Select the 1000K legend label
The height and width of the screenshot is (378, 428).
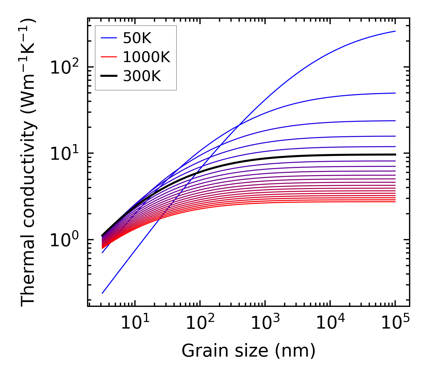(x=146, y=57)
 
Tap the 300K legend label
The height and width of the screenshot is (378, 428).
(x=142, y=76)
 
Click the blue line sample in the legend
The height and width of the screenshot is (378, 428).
(x=108, y=38)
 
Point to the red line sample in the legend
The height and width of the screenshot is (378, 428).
(x=108, y=57)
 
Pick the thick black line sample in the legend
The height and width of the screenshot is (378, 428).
(x=108, y=76)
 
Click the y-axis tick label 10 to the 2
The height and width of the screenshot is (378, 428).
(x=64, y=68)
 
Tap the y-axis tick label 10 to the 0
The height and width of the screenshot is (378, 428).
(x=64, y=240)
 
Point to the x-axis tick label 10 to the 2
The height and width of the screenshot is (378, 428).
(x=200, y=323)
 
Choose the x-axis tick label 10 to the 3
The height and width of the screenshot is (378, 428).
(x=265, y=323)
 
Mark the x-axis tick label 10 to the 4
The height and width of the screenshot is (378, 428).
(x=330, y=323)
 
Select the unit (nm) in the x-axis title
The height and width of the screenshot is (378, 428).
(x=295, y=351)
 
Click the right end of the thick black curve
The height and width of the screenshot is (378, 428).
(x=395, y=154)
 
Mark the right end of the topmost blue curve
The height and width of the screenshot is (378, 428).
(x=395, y=31)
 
